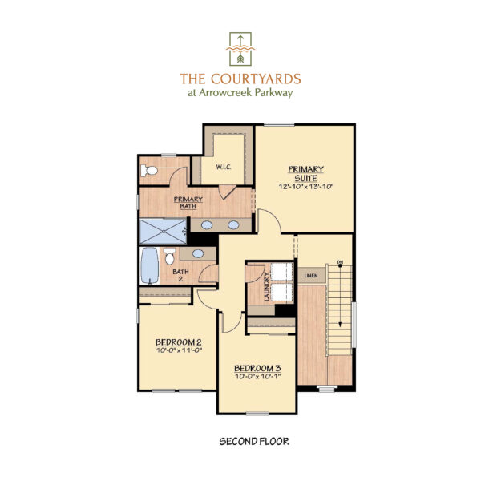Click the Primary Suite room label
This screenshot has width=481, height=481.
(x=305, y=174)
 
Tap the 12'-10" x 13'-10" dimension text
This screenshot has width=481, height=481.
(x=306, y=186)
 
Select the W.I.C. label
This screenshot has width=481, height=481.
(x=224, y=168)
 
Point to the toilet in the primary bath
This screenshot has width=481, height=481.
(x=149, y=170)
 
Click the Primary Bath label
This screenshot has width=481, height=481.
(x=188, y=203)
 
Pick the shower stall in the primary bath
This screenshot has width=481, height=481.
(x=163, y=232)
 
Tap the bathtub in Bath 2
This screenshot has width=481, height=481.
(x=150, y=265)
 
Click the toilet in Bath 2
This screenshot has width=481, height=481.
(x=169, y=257)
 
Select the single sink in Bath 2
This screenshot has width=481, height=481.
(x=198, y=253)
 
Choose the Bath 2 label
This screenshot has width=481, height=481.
(x=180, y=275)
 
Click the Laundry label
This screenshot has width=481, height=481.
(x=266, y=286)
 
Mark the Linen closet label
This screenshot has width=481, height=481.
(x=311, y=276)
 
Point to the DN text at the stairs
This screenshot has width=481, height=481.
(x=339, y=262)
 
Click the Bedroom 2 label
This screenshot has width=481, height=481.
(x=178, y=342)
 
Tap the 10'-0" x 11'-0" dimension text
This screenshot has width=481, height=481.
(x=179, y=350)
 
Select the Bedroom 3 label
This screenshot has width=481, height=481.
(x=257, y=368)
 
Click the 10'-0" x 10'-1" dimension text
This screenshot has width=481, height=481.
(x=257, y=376)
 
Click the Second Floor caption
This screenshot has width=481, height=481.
(x=254, y=442)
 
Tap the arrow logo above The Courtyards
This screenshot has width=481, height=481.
(x=240, y=49)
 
